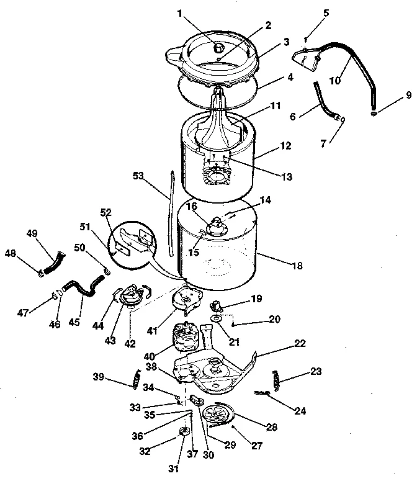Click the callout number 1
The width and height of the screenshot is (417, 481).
[x=179, y=13]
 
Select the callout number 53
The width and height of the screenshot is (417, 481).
[x=138, y=177]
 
